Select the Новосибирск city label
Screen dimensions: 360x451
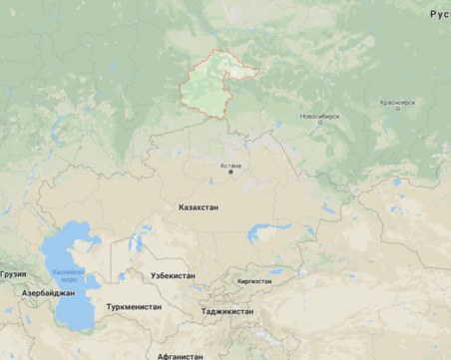tap(319, 116)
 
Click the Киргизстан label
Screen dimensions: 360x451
tap(253, 281)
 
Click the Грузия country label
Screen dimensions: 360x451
tap(13, 272)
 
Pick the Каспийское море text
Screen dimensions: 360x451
tap(63, 276)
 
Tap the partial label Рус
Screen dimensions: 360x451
tap(439, 14)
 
